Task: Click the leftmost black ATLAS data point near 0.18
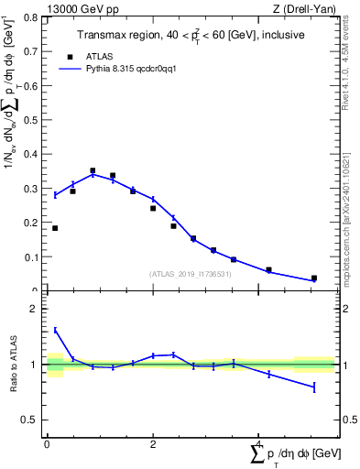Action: click(55, 228)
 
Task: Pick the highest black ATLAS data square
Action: click(93, 170)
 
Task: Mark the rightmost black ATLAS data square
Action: click(313, 278)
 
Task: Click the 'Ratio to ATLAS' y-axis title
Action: click(13, 365)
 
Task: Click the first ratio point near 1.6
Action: click(55, 331)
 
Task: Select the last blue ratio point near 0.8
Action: click(313, 387)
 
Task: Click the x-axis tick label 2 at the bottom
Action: click(152, 444)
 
